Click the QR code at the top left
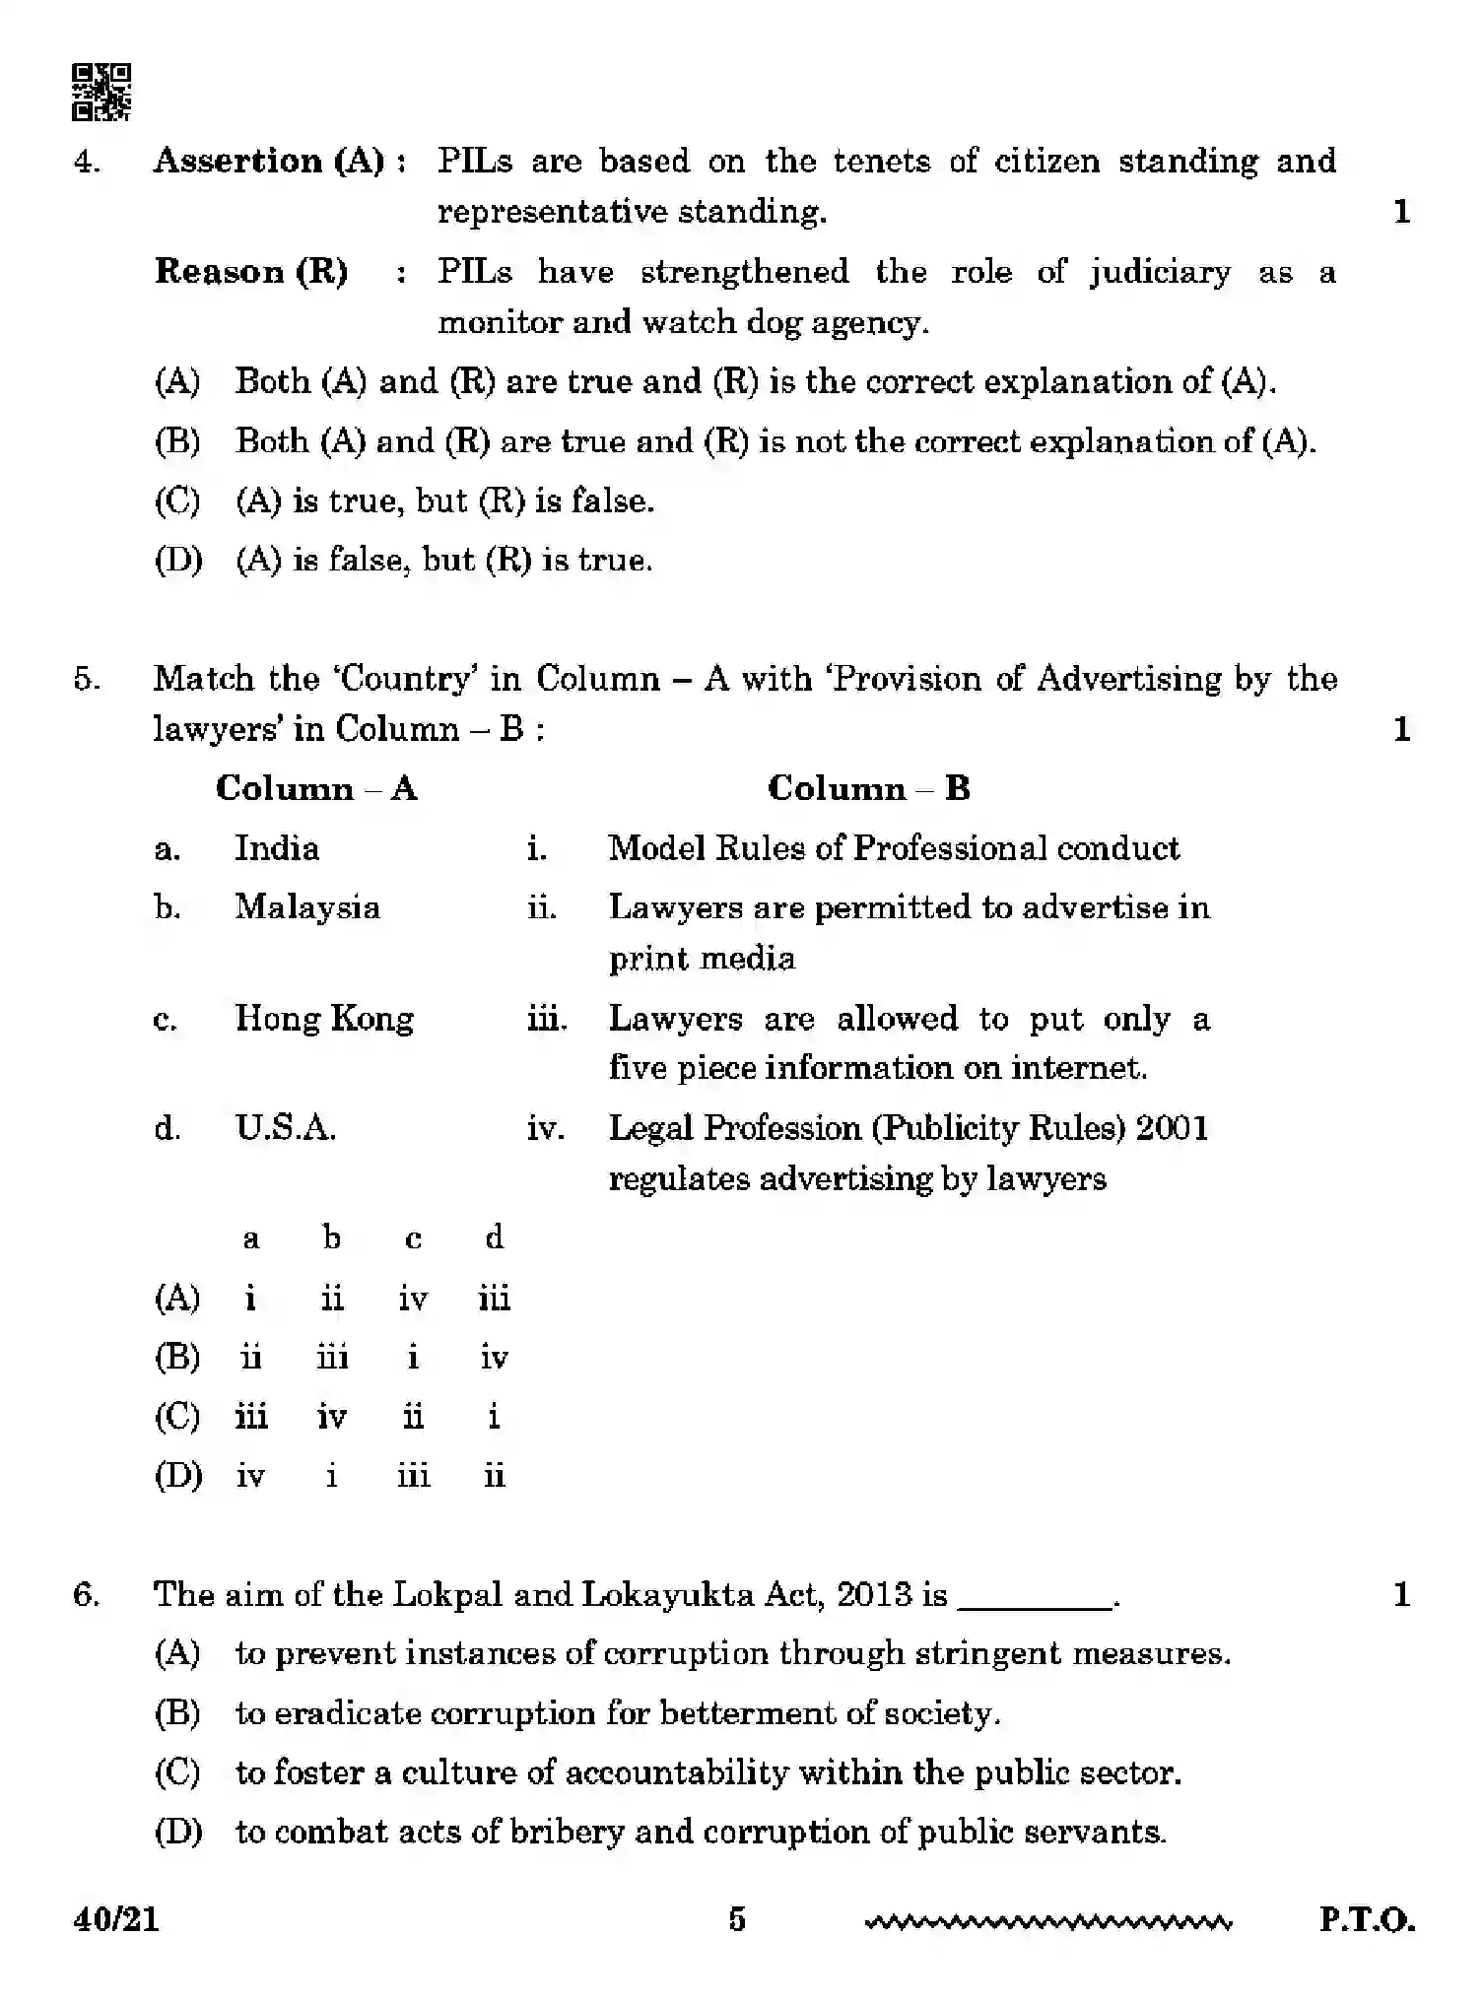(x=101, y=92)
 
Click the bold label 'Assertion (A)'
(x=268, y=161)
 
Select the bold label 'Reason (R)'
(x=251, y=272)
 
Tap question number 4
(x=87, y=162)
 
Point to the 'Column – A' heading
(x=316, y=788)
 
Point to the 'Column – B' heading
(x=868, y=788)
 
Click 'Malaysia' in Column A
(x=306, y=907)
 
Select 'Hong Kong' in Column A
(x=324, y=1018)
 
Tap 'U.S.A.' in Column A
(x=286, y=1128)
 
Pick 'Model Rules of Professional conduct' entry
(x=893, y=848)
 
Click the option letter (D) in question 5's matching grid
(x=178, y=1476)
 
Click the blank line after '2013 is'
(x=1035, y=1596)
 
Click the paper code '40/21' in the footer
(x=115, y=1919)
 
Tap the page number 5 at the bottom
(x=737, y=1919)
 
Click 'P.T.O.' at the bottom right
(x=1367, y=1919)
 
